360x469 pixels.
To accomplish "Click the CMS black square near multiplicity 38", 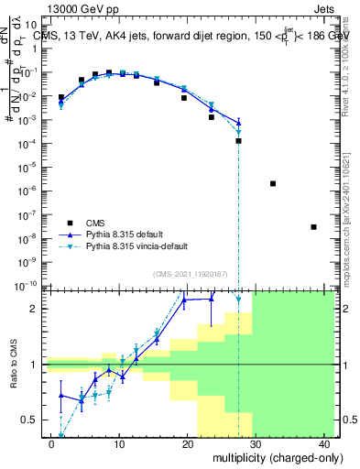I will [x=313, y=227].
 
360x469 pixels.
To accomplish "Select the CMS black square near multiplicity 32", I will [x=273, y=183].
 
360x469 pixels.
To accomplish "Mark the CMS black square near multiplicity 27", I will [x=238, y=140].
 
